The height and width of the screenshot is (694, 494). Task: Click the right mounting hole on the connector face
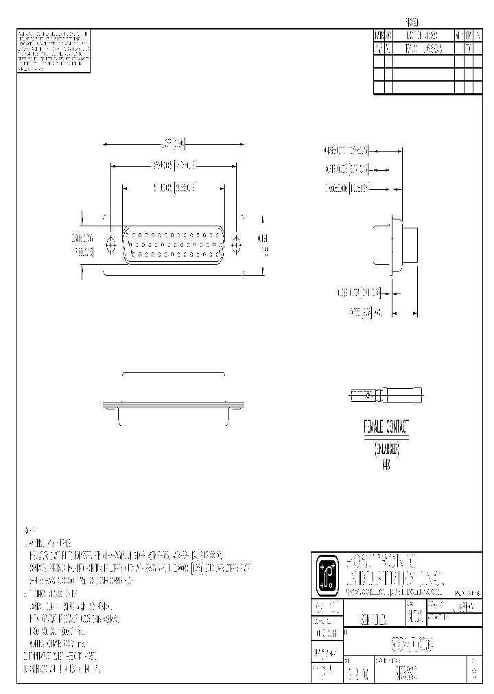tap(237, 243)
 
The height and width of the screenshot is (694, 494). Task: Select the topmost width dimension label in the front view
tap(174, 144)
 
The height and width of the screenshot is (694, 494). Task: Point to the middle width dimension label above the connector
tap(173, 165)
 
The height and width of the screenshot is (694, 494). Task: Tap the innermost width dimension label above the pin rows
tap(173, 186)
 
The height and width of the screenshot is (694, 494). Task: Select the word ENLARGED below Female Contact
tap(387, 450)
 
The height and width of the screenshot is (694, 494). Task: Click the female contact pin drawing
tap(386, 396)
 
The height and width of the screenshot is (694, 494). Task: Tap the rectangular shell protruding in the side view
tap(410, 245)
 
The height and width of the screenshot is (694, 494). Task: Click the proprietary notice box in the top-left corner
tap(53, 51)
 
